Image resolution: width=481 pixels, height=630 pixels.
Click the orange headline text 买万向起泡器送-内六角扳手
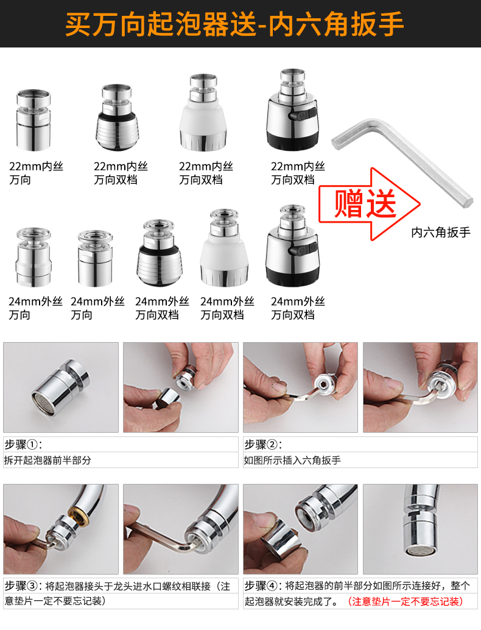(234, 24)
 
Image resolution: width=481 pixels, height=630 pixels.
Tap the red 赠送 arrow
(369, 204)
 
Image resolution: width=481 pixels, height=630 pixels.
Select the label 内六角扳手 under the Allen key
(441, 233)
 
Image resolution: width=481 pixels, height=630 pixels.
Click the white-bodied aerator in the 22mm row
(203, 113)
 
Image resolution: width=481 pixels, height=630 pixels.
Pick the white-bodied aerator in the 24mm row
(224, 248)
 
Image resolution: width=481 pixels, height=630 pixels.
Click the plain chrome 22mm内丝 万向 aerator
(33, 120)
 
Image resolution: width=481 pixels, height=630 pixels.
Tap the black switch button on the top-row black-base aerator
(302, 115)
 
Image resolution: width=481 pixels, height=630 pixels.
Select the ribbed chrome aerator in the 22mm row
(117, 117)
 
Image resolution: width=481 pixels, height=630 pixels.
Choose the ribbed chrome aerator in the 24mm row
(160, 253)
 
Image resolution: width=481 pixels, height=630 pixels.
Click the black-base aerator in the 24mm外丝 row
(292, 247)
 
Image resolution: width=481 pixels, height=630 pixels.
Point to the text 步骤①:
(23, 444)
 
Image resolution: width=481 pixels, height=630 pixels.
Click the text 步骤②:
(263, 444)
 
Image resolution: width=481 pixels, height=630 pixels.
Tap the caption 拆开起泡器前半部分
(48, 460)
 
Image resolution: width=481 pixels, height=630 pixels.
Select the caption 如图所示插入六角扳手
(292, 460)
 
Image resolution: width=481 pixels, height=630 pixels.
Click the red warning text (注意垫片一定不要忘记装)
(405, 601)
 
